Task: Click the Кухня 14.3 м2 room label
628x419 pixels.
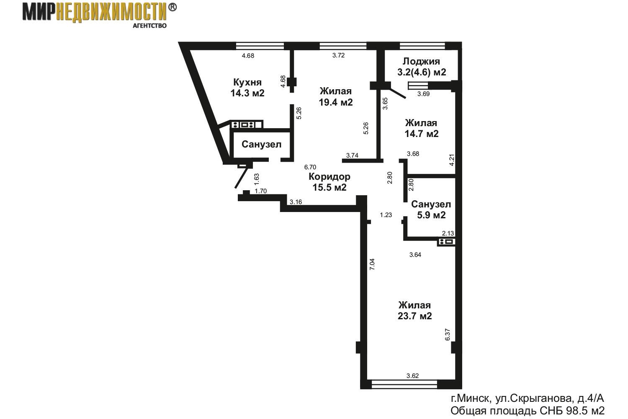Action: coord(247,88)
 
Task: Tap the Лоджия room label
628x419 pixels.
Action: coord(421,61)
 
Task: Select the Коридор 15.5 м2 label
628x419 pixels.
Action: coord(329,182)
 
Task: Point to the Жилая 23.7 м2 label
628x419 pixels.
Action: coord(414,310)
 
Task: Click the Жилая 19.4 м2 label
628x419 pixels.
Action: coord(336,96)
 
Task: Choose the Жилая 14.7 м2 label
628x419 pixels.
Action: coord(421,128)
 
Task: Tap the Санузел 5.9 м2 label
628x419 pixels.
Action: coord(431,209)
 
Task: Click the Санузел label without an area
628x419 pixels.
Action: coord(261,144)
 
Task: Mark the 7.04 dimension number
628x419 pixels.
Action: coord(372,264)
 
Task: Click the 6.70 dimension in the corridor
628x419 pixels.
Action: coord(310,167)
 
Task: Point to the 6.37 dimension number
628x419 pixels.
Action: coord(448,334)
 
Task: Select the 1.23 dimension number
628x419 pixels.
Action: coord(386,215)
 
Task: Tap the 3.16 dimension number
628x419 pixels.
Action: coord(296,202)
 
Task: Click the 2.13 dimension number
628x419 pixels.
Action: coord(448,233)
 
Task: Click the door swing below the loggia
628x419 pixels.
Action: coord(396,92)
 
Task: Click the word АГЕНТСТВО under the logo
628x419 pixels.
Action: coord(149,26)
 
